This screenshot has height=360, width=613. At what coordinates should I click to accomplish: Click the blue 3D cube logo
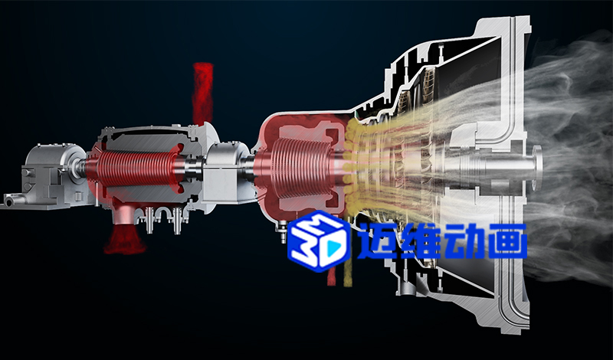318,241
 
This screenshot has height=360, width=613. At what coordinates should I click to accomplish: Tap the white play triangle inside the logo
333,246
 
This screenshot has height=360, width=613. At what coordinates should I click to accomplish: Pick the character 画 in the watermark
507,241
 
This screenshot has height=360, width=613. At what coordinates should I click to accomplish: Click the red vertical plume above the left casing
202,93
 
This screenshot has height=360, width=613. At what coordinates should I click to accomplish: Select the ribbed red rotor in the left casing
135,169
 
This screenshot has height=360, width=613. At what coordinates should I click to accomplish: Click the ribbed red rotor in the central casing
299,167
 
